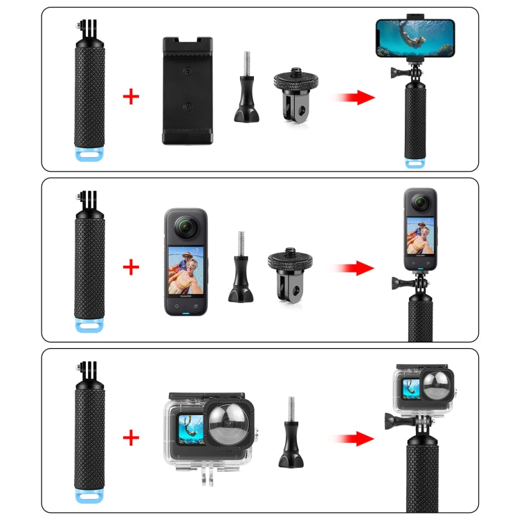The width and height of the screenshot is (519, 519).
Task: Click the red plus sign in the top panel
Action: tap(130, 95)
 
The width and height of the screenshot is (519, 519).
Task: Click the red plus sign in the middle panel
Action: tap(130, 266)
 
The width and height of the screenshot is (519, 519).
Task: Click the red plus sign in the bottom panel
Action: tap(130, 437)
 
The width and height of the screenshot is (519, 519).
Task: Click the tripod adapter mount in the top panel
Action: tap(293, 91)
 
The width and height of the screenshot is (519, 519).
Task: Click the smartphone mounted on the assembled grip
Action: tap(415, 38)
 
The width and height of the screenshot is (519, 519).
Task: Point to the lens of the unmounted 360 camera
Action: tap(185, 226)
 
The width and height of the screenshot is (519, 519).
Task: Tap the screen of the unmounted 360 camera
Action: tap(185, 273)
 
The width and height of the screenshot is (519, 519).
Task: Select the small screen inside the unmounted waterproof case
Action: tap(190, 427)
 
